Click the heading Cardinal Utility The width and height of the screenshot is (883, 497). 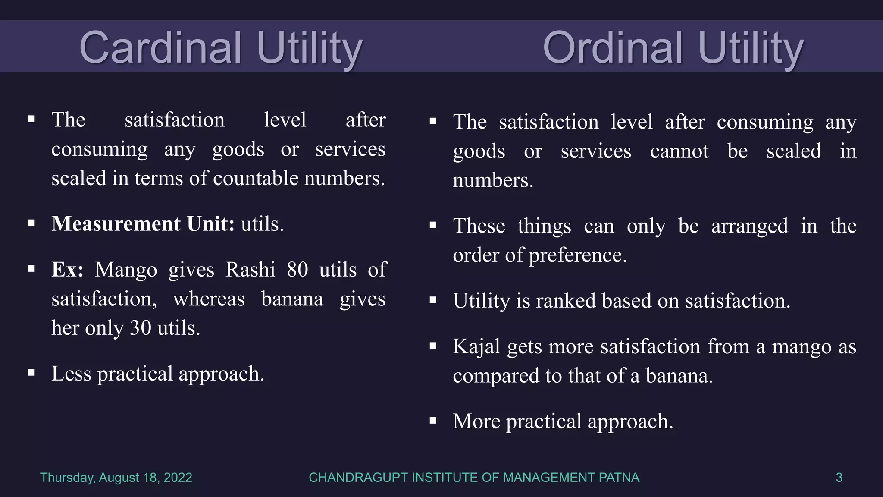click(x=220, y=47)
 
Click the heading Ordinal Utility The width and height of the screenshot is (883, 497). click(x=673, y=47)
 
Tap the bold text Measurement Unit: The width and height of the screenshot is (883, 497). click(x=143, y=224)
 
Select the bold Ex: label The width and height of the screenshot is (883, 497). click(x=67, y=270)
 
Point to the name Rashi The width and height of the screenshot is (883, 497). click(x=250, y=270)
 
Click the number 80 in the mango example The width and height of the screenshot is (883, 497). click(x=297, y=270)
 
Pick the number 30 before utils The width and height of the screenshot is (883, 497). click(x=141, y=328)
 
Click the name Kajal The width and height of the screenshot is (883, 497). click(x=476, y=346)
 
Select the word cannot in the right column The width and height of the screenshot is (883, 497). click(x=679, y=151)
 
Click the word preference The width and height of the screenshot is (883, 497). click(x=577, y=255)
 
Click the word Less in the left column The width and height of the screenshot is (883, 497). click(x=71, y=374)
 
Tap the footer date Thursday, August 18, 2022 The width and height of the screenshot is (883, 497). click(x=116, y=478)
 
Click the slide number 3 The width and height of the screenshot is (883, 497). click(x=839, y=478)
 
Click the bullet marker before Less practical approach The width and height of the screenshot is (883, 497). click(x=31, y=373)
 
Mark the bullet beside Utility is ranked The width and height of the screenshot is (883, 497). click(x=433, y=300)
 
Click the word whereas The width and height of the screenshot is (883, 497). click(x=209, y=299)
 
